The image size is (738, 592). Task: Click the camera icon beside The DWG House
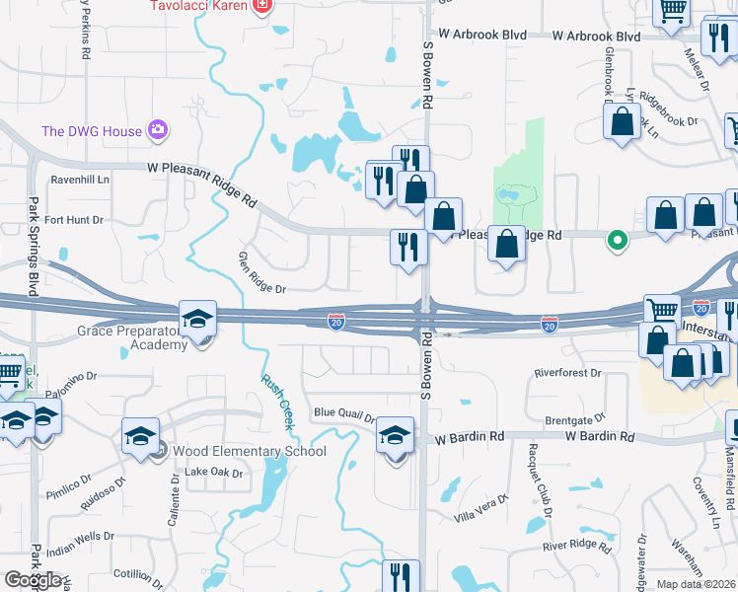(x=157, y=129)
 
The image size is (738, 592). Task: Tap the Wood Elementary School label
(x=250, y=452)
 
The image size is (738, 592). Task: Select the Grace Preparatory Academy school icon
(x=197, y=320)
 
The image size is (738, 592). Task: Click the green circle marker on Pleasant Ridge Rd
(x=618, y=239)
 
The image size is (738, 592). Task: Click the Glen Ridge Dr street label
(x=261, y=274)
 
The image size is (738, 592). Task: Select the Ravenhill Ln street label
(x=80, y=180)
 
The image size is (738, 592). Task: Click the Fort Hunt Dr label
(x=73, y=220)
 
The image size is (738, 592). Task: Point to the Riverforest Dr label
(x=567, y=373)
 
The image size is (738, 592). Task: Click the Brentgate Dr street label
(x=574, y=420)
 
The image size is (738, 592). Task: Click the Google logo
(x=33, y=580)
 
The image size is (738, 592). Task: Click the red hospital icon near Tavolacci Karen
(x=261, y=7)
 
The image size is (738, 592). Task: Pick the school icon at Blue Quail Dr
(x=396, y=436)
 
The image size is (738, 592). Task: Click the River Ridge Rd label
(x=578, y=546)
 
